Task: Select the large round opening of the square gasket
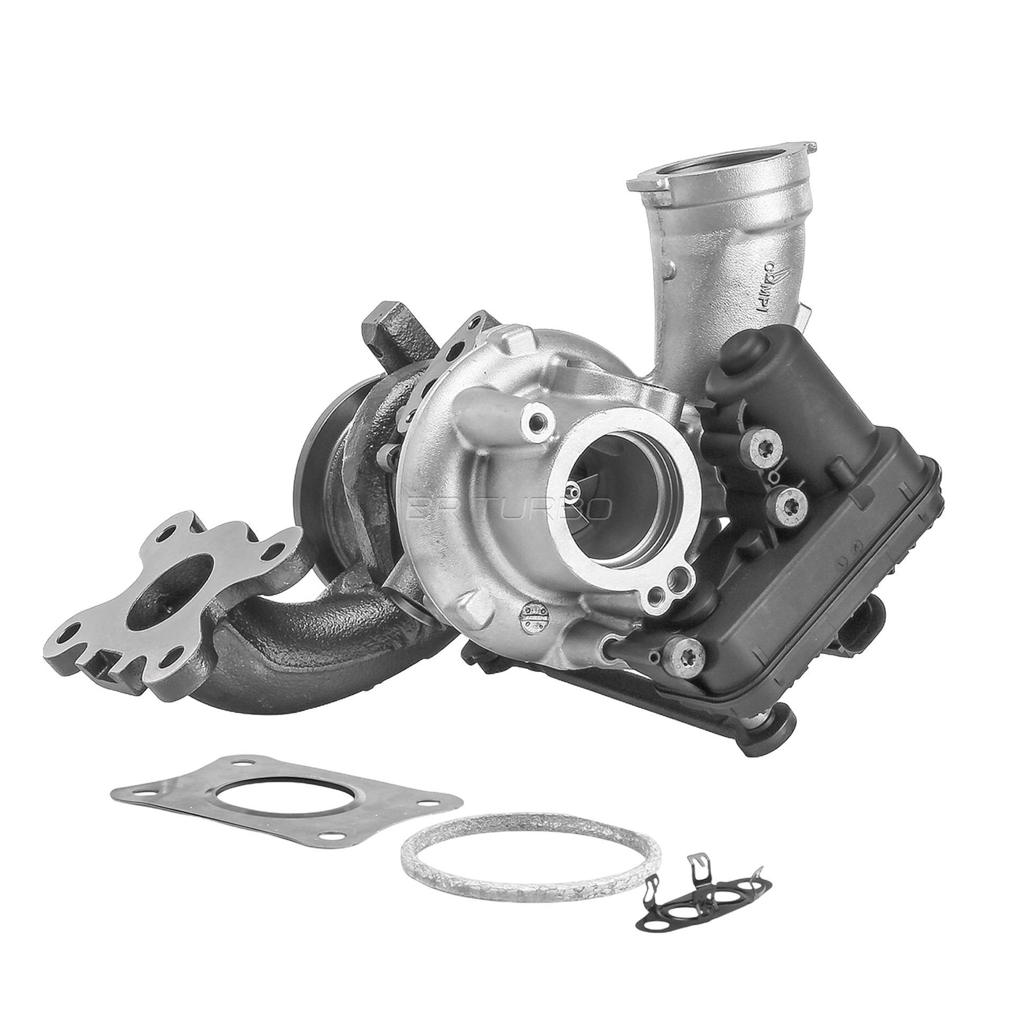click(x=281, y=808)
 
